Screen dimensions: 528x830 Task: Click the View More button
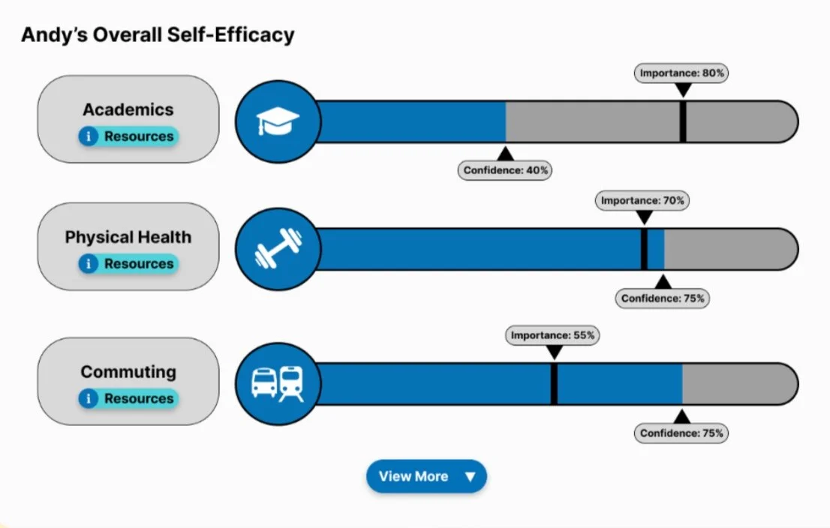pyautogui.click(x=426, y=476)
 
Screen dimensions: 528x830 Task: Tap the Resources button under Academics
pyautogui.click(x=128, y=136)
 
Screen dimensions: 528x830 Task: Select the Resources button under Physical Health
pyautogui.click(x=128, y=264)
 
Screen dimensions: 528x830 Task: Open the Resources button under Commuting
pyautogui.click(x=128, y=399)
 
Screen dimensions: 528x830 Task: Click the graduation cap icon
pyautogui.click(x=278, y=121)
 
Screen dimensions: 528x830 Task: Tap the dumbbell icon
pyautogui.click(x=278, y=249)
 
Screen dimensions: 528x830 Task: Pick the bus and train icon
pyautogui.click(x=278, y=383)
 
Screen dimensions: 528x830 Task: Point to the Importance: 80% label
pyautogui.click(x=682, y=73)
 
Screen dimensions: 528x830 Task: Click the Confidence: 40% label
pyautogui.click(x=506, y=170)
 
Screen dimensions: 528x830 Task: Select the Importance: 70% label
pyautogui.click(x=643, y=201)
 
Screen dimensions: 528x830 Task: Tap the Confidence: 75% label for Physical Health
pyautogui.click(x=663, y=298)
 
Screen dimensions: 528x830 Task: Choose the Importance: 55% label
pyautogui.click(x=554, y=336)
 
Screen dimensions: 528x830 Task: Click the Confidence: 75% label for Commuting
pyautogui.click(x=682, y=433)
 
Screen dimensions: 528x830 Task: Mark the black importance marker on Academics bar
pyautogui.click(x=683, y=121)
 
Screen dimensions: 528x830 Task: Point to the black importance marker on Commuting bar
pyautogui.click(x=554, y=384)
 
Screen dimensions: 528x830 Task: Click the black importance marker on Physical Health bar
pyautogui.click(x=644, y=249)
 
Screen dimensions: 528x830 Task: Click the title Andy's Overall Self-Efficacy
pyautogui.click(x=158, y=34)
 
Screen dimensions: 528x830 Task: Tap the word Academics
pyautogui.click(x=128, y=109)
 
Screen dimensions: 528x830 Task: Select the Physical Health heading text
pyautogui.click(x=128, y=238)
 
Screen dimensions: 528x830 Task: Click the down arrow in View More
pyautogui.click(x=470, y=477)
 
